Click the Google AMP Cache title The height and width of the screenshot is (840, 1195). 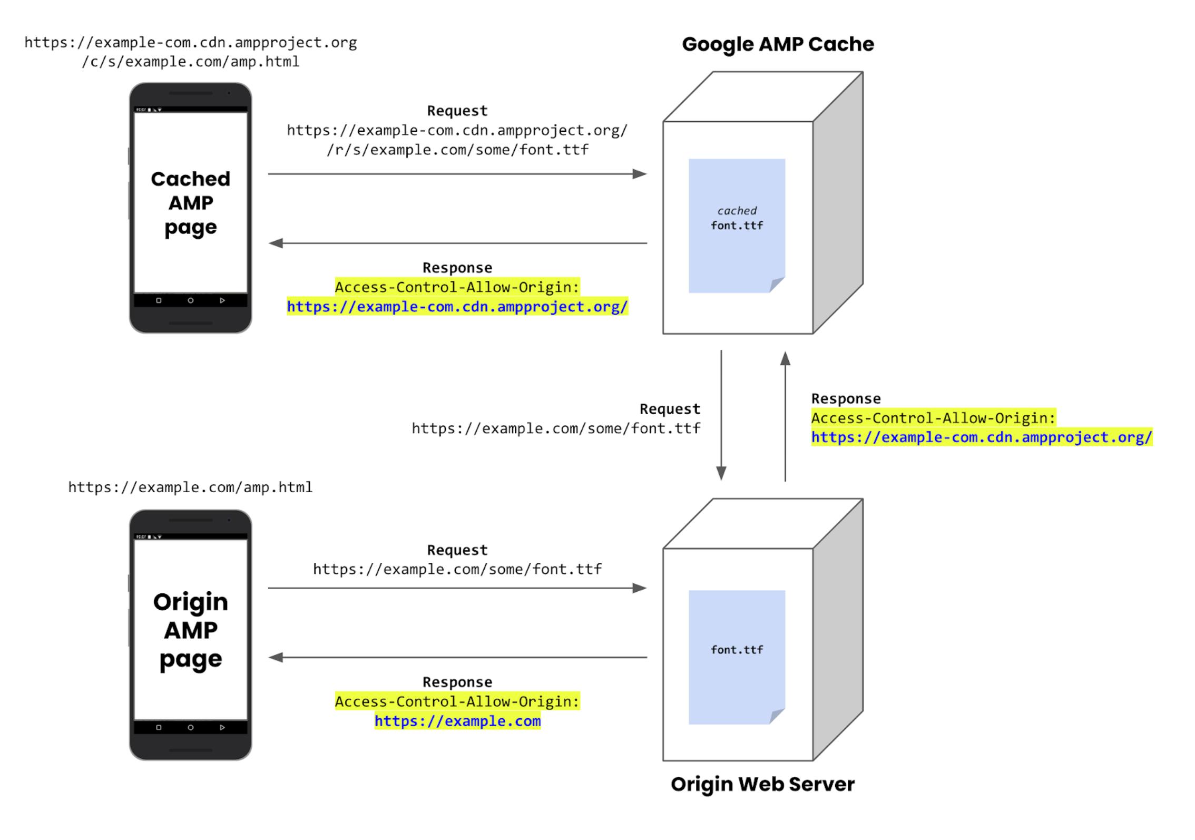pyautogui.click(x=778, y=44)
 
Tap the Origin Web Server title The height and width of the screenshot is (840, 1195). pyautogui.click(x=762, y=784)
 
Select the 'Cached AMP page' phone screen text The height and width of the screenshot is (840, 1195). pyautogui.click(x=191, y=203)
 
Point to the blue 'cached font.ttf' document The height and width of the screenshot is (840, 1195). pyautogui.click(x=737, y=226)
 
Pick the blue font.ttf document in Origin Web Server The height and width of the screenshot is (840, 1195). pyautogui.click(x=737, y=657)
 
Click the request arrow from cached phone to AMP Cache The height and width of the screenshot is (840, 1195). pyautogui.click(x=457, y=174)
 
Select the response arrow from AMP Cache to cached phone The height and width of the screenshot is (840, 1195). pyautogui.click(x=457, y=243)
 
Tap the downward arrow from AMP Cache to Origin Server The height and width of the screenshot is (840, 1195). pyautogui.click(x=721, y=415)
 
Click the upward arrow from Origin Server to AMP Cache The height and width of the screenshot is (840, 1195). pyautogui.click(x=785, y=416)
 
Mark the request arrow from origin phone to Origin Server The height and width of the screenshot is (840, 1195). pyautogui.click(x=457, y=588)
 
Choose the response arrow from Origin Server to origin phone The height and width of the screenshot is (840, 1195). pyautogui.click(x=457, y=657)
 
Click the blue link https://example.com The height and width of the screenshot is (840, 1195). pyautogui.click(x=457, y=721)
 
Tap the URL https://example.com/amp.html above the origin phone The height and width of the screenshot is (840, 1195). pyautogui.click(x=190, y=487)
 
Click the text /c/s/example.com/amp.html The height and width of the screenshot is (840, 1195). pyautogui.click(x=191, y=62)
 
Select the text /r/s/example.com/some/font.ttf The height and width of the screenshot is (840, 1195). pyautogui.click(x=457, y=150)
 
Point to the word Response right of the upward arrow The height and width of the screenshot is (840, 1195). pyautogui.click(x=846, y=399)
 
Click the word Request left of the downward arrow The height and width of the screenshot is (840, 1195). pyautogui.click(x=670, y=409)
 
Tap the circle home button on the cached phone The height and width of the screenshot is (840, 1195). pyautogui.click(x=191, y=300)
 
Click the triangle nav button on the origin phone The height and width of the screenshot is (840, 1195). pyautogui.click(x=222, y=727)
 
